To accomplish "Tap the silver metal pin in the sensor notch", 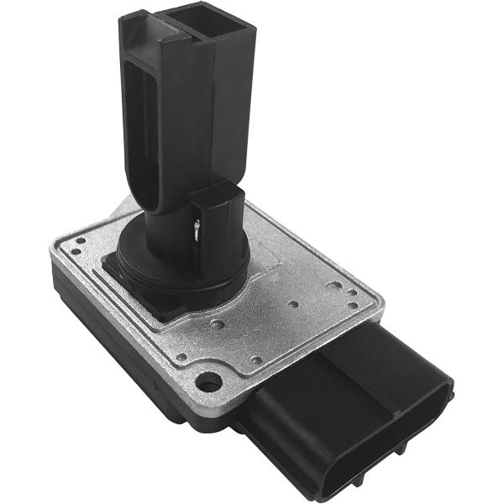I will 195,228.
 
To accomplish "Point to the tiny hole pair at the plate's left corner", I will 77,244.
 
